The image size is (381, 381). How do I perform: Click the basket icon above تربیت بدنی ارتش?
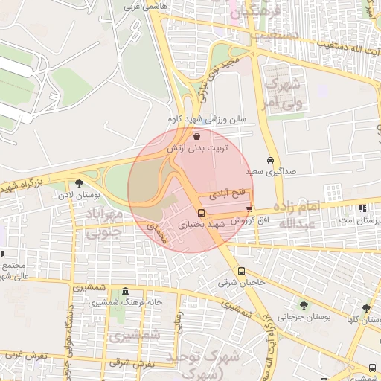196,137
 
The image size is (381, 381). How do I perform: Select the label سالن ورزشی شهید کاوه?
205,119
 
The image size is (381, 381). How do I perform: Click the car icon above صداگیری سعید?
270,160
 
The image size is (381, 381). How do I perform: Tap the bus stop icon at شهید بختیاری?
200,213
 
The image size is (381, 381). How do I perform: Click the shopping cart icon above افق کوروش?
249,209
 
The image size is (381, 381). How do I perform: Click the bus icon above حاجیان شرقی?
241,272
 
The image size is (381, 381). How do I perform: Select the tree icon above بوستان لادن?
80,183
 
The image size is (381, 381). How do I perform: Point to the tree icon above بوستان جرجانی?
304,304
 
